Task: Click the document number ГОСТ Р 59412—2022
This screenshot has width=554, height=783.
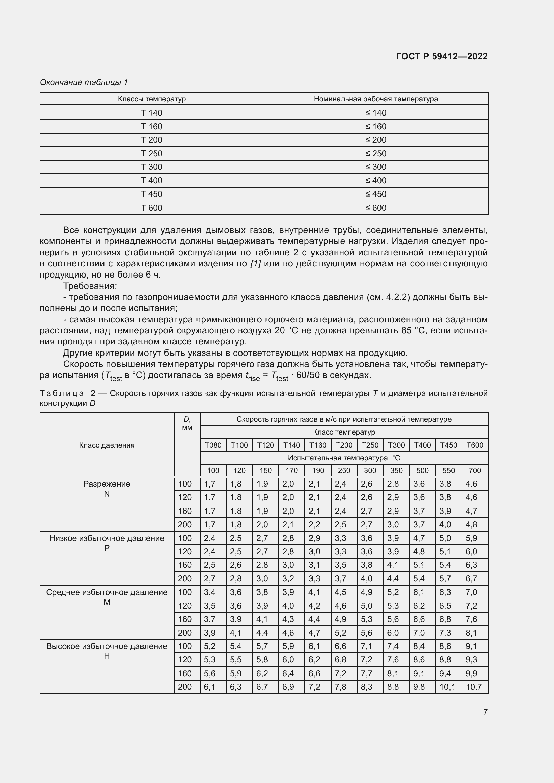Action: [x=442, y=56]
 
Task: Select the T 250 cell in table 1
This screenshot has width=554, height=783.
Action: [x=152, y=153]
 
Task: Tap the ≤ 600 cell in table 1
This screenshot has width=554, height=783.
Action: [x=375, y=208]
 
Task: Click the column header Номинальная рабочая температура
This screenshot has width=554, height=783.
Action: [x=375, y=99]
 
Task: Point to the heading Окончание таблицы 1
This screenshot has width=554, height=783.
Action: [x=84, y=82]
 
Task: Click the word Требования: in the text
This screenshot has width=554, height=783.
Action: [x=90, y=286]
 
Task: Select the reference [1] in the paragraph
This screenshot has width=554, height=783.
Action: [x=255, y=263]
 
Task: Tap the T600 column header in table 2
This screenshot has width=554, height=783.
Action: [x=475, y=445]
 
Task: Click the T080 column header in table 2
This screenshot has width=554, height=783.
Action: [x=213, y=445]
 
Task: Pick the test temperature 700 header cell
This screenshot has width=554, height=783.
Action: [x=475, y=471]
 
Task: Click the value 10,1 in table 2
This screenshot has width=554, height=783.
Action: [x=447, y=687]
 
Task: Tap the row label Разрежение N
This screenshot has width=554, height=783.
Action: [x=107, y=489]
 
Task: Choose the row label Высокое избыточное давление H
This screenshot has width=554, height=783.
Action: [x=107, y=651]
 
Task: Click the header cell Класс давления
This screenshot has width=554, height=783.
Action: [x=107, y=445]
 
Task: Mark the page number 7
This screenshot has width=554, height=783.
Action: [x=485, y=712]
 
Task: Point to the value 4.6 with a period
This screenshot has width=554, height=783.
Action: [x=472, y=484]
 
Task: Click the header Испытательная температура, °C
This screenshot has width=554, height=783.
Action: [x=344, y=458]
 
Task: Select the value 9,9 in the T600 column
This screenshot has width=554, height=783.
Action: [x=472, y=673]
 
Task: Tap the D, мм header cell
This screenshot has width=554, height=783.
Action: [x=187, y=423]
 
